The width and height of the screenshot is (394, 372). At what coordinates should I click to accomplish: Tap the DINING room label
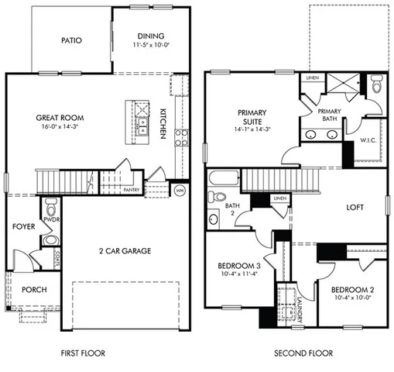tap(150, 36)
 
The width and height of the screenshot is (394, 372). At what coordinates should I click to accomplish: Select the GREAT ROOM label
tap(60, 119)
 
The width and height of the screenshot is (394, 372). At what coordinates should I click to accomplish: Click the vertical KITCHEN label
tap(163, 122)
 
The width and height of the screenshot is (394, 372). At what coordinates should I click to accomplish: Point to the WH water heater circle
tap(180, 189)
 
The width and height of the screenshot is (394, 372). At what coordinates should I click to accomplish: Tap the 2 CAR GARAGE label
tap(124, 251)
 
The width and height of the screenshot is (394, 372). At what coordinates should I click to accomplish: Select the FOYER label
tap(22, 227)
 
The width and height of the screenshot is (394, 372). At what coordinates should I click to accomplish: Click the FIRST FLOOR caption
tap(83, 353)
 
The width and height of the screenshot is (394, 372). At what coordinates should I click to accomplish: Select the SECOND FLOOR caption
tap(303, 353)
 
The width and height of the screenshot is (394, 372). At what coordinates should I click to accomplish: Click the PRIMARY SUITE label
tap(249, 117)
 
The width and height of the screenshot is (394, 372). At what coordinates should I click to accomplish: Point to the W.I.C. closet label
tap(368, 140)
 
